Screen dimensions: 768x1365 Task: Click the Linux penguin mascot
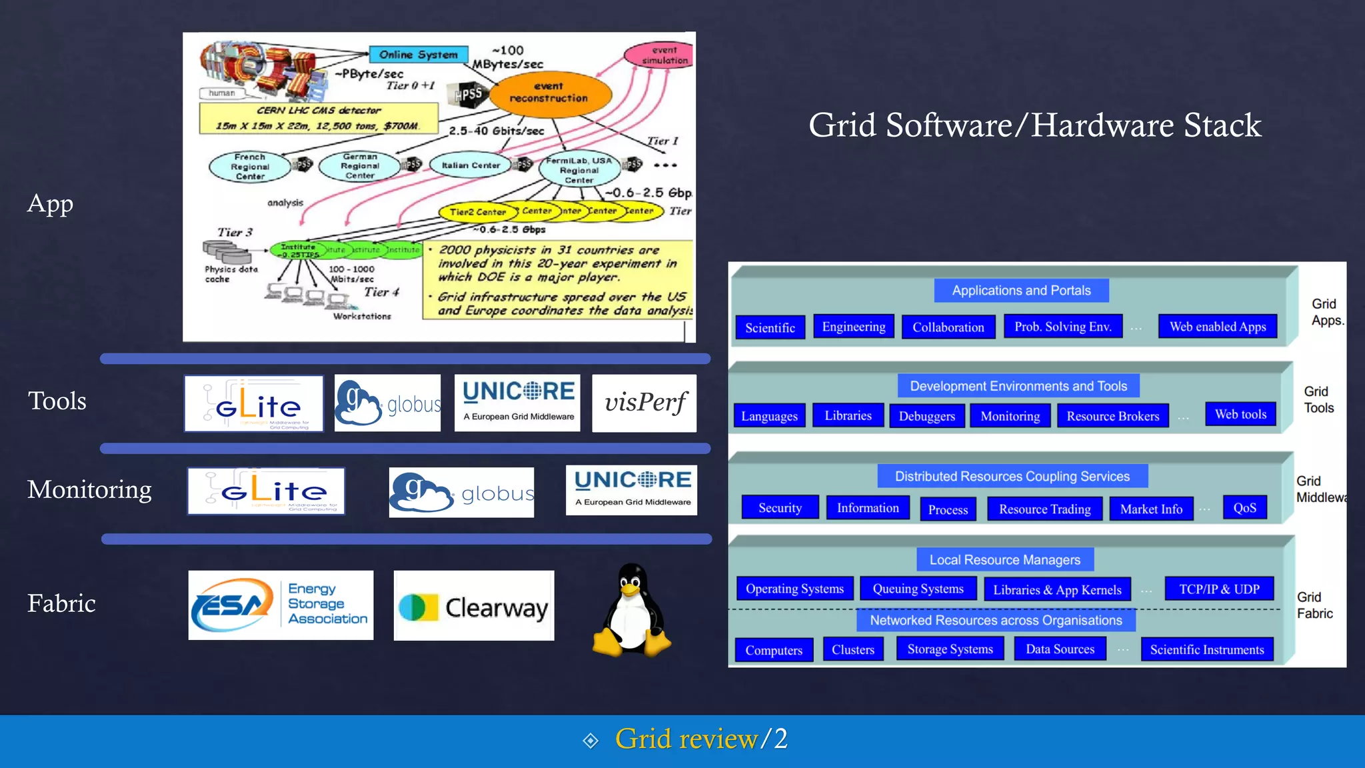[x=631, y=610]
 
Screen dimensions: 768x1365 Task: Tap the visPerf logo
[x=644, y=403]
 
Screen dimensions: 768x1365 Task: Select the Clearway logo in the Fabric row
[x=474, y=606]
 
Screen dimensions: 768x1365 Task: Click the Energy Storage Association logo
[x=281, y=605]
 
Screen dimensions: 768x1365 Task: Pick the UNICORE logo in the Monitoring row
[x=631, y=490]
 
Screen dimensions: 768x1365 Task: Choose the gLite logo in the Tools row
[x=254, y=403]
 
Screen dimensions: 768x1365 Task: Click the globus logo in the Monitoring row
[x=461, y=493]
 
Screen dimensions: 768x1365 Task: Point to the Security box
[x=780, y=508]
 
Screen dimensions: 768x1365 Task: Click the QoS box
[x=1244, y=508]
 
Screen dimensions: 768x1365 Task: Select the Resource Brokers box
[x=1112, y=416]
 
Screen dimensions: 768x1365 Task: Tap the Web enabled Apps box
[x=1217, y=327]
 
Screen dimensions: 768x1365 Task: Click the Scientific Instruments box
[x=1206, y=649]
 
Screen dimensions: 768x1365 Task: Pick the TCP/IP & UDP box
[x=1219, y=589]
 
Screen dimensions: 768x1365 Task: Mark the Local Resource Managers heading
[x=1004, y=560]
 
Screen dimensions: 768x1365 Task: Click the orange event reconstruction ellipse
[x=550, y=93]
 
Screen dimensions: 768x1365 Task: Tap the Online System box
[x=419, y=55]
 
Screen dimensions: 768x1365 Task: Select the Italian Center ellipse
[x=471, y=165]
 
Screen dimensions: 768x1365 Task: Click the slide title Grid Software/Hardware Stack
[x=1034, y=125]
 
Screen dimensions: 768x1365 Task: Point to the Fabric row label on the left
[x=61, y=603]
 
